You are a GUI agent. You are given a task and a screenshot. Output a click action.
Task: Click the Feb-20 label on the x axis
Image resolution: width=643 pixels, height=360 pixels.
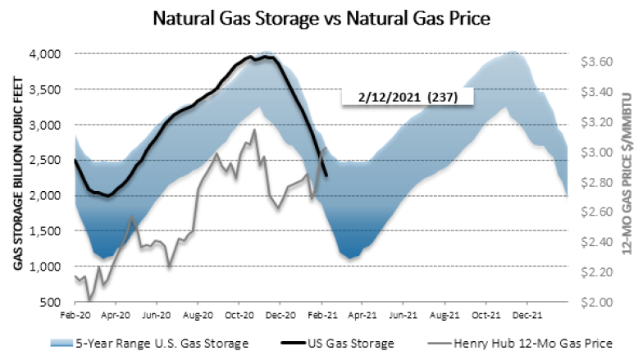(x=75, y=314)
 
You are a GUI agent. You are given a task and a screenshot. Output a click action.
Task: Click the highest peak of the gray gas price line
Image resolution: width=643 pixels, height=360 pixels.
(x=254, y=130)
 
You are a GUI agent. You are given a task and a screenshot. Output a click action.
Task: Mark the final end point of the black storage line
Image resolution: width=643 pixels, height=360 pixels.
(x=326, y=175)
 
